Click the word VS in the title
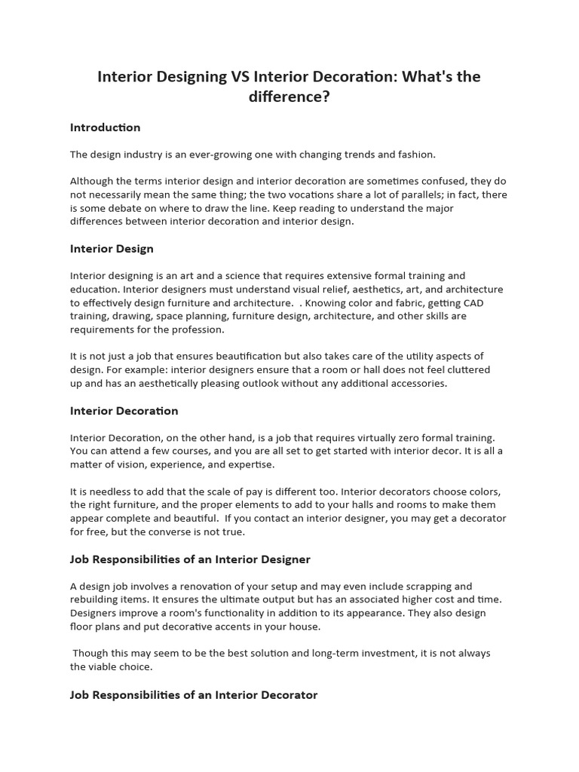pyautogui.click(x=236, y=77)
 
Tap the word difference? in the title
pyautogui.click(x=289, y=96)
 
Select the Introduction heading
pyautogui.click(x=105, y=127)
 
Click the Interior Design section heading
pyautogui.click(x=112, y=249)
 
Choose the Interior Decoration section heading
pyautogui.click(x=124, y=411)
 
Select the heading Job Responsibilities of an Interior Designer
pyautogui.click(x=190, y=559)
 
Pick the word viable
pyautogui.click(x=105, y=667)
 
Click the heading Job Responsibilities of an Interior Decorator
pyautogui.click(x=194, y=694)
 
